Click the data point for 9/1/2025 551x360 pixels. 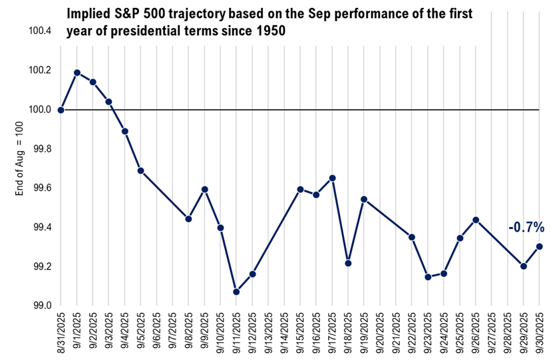click(x=77, y=73)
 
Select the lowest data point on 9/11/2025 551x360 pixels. click(x=236, y=291)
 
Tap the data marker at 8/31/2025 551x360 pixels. click(x=61, y=110)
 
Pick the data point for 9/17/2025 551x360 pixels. click(x=332, y=178)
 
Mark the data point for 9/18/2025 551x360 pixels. click(x=348, y=263)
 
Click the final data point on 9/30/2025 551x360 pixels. click(x=539, y=246)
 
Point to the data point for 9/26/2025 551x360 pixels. click(x=476, y=220)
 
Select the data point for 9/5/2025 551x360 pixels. click(x=141, y=170)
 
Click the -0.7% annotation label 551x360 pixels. click(x=526, y=228)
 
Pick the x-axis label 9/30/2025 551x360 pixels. click(x=540, y=335)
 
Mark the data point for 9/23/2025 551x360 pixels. click(x=428, y=277)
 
